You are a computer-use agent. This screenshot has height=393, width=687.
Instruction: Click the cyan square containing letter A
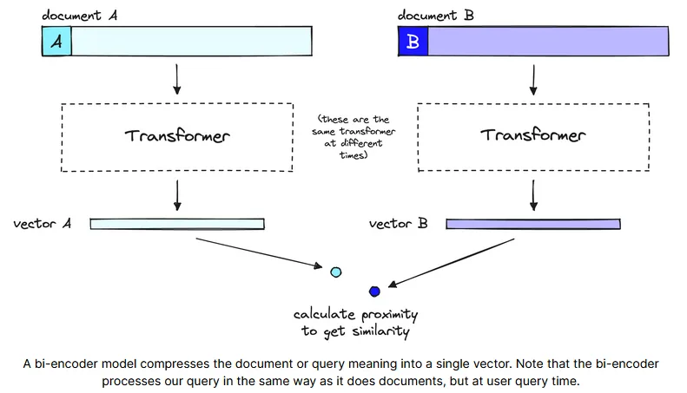pyautogui.click(x=56, y=41)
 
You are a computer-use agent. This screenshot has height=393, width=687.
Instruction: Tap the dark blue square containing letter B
pyautogui.click(x=413, y=41)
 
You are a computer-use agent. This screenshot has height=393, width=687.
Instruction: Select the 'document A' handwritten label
pyautogui.click(x=79, y=16)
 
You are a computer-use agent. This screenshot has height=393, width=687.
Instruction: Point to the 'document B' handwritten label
pyautogui.click(x=435, y=16)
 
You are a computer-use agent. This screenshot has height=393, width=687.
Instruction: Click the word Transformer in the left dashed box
pyautogui.click(x=177, y=135)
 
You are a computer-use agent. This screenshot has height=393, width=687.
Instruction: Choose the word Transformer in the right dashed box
pyautogui.click(x=532, y=134)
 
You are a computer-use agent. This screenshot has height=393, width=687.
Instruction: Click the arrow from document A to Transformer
pyautogui.click(x=176, y=79)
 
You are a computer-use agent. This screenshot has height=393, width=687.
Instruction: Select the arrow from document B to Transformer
pyautogui.click(x=533, y=80)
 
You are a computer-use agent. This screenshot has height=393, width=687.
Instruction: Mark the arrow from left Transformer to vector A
pyautogui.click(x=177, y=195)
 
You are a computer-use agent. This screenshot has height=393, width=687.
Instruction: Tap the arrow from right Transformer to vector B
pyautogui.click(x=533, y=195)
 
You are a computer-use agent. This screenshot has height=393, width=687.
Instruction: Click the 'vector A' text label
pyautogui.click(x=42, y=224)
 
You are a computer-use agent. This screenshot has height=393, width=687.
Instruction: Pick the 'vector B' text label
pyautogui.click(x=398, y=224)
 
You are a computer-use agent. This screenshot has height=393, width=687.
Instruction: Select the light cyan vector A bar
pyautogui.click(x=177, y=224)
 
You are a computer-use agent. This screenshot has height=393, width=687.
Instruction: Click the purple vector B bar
pyautogui.click(x=533, y=224)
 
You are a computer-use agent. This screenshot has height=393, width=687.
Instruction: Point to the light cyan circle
pyautogui.click(x=336, y=272)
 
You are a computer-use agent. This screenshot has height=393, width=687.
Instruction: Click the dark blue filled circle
pyautogui.click(x=374, y=291)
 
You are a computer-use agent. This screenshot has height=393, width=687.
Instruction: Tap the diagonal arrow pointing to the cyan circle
pyautogui.click(x=259, y=252)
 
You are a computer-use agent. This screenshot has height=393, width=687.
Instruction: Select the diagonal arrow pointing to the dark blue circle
pyautogui.click(x=452, y=263)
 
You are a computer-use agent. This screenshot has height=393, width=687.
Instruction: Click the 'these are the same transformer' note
pyautogui.click(x=353, y=137)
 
